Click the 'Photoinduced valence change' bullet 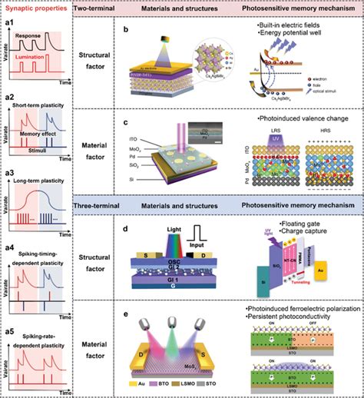pos(296,120)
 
